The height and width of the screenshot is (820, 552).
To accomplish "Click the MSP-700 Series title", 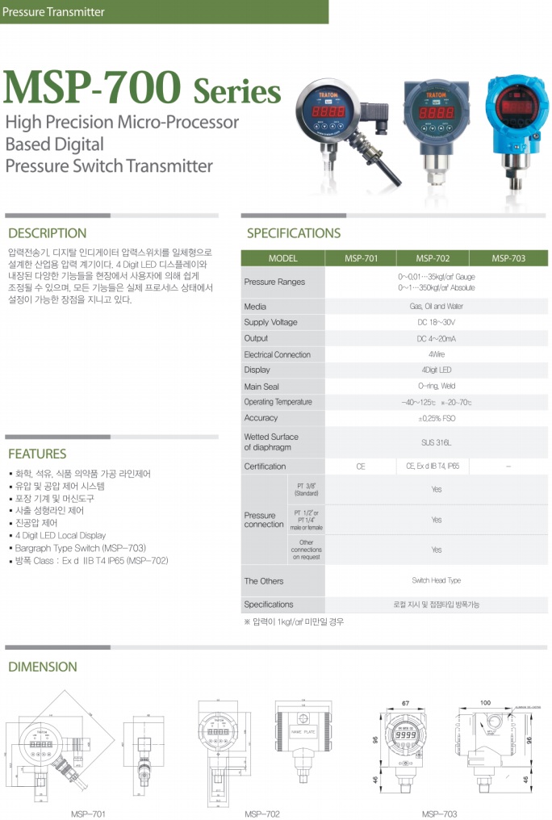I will (142, 88).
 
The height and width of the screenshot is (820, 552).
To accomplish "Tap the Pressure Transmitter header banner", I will (54, 12).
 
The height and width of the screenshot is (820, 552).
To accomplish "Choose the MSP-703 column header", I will (508, 258).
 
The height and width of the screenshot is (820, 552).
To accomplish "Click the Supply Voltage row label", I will (270, 323).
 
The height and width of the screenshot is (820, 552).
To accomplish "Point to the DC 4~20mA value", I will (436, 339).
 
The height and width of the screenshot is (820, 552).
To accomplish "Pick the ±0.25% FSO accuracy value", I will (436, 418).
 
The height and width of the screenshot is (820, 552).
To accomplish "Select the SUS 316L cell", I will (436, 442).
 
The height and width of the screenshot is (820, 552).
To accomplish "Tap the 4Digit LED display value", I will (436, 370).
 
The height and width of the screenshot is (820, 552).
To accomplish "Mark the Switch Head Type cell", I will (436, 580).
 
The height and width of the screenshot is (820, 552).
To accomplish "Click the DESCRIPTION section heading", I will (47, 233).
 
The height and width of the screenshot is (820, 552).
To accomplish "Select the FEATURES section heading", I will (37, 454).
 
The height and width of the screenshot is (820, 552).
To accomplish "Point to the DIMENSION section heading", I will (43, 667).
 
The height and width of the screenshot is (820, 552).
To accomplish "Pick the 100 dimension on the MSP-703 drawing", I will (484, 703).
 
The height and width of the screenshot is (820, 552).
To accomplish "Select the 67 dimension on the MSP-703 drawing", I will (405, 703).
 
